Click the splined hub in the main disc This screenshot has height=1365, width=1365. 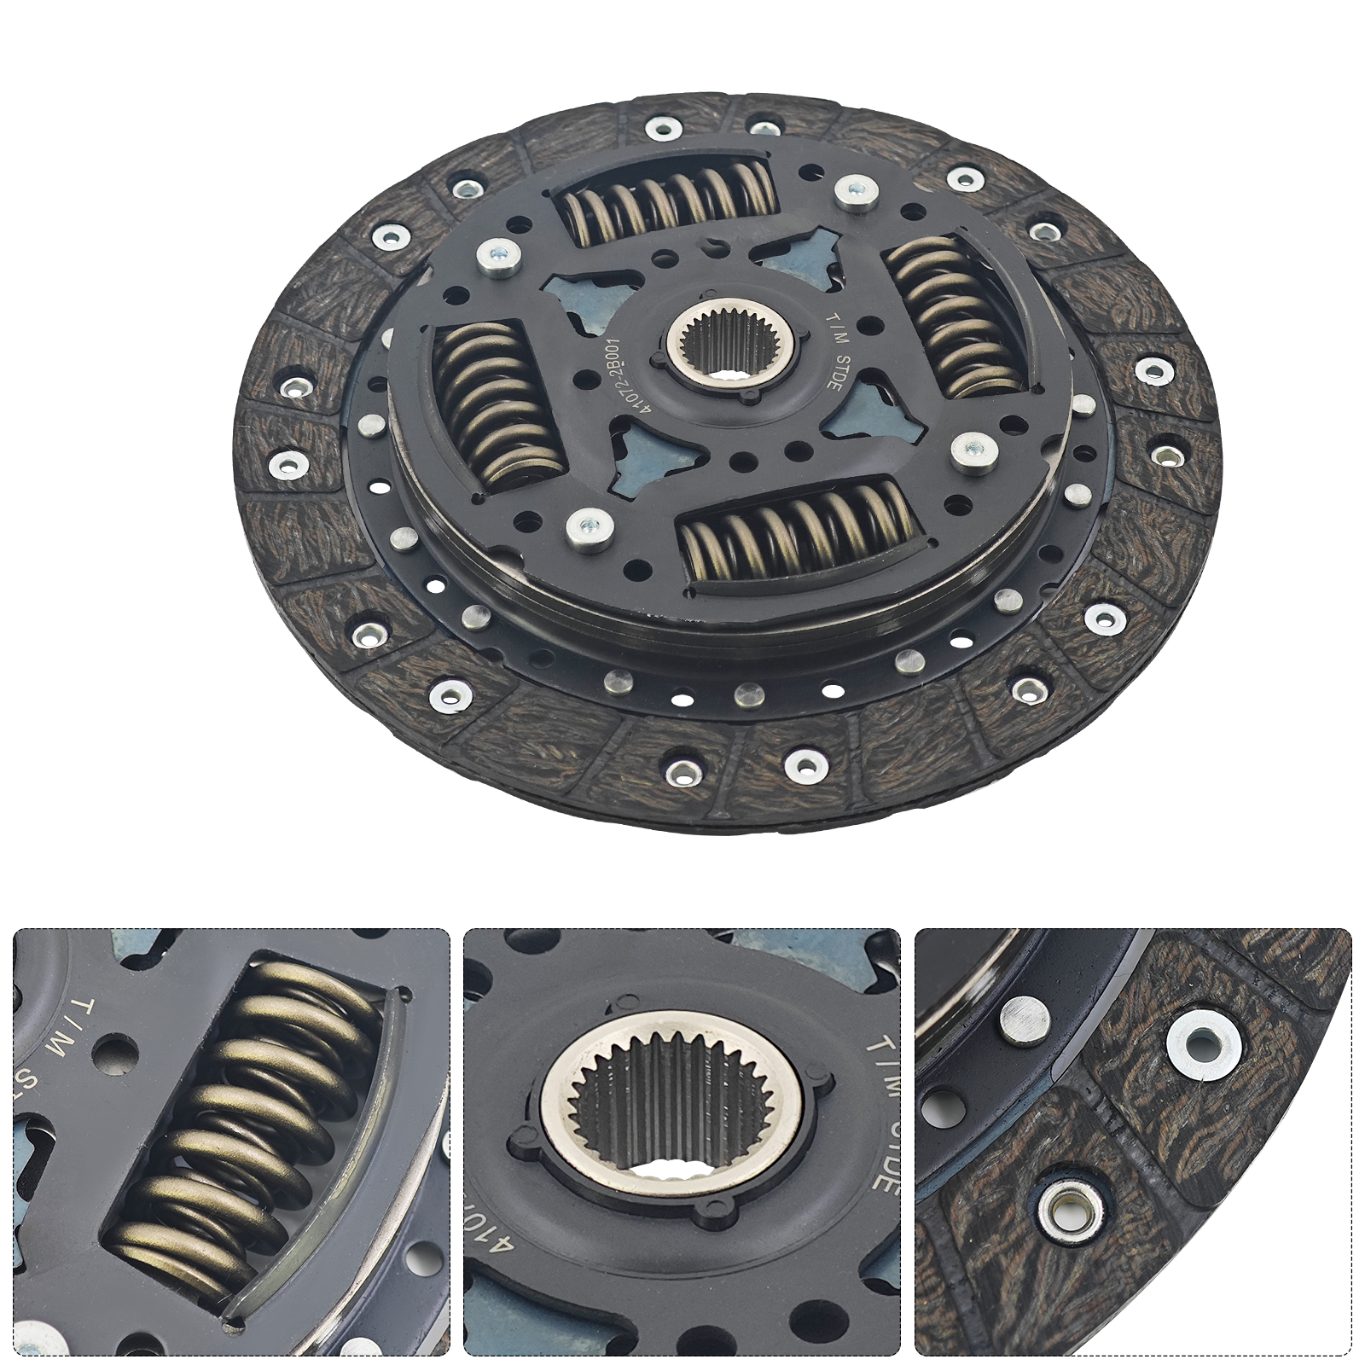(731, 343)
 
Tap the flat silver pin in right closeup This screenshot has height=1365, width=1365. (1020, 1021)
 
